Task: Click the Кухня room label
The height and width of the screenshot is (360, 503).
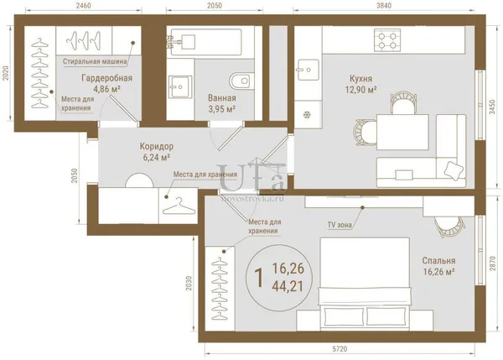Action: tap(360, 79)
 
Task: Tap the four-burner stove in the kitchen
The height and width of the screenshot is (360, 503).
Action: tap(387, 40)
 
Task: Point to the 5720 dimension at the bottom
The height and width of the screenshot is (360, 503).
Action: tap(340, 349)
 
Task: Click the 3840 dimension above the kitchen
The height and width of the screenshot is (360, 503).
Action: tap(384, 6)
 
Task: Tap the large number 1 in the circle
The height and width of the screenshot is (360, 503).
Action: tap(259, 278)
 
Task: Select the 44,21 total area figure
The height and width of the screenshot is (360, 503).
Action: tap(288, 286)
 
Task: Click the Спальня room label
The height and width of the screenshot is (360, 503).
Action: tap(438, 260)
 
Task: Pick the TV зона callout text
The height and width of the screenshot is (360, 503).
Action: tap(340, 225)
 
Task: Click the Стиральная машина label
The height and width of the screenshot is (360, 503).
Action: tap(95, 61)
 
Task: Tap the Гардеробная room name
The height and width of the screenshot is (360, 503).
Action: tap(106, 78)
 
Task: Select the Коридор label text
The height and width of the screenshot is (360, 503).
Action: tap(157, 147)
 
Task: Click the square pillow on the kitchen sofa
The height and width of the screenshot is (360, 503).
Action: tap(454, 170)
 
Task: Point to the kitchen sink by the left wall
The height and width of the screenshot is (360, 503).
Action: tap(309, 70)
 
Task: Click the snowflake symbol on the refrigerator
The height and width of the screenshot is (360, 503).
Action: tap(307, 114)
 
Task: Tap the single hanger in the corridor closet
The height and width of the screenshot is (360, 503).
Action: tap(179, 206)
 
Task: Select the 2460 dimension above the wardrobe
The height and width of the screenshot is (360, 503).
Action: tap(83, 6)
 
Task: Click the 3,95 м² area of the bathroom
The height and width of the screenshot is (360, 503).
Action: tap(222, 109)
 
